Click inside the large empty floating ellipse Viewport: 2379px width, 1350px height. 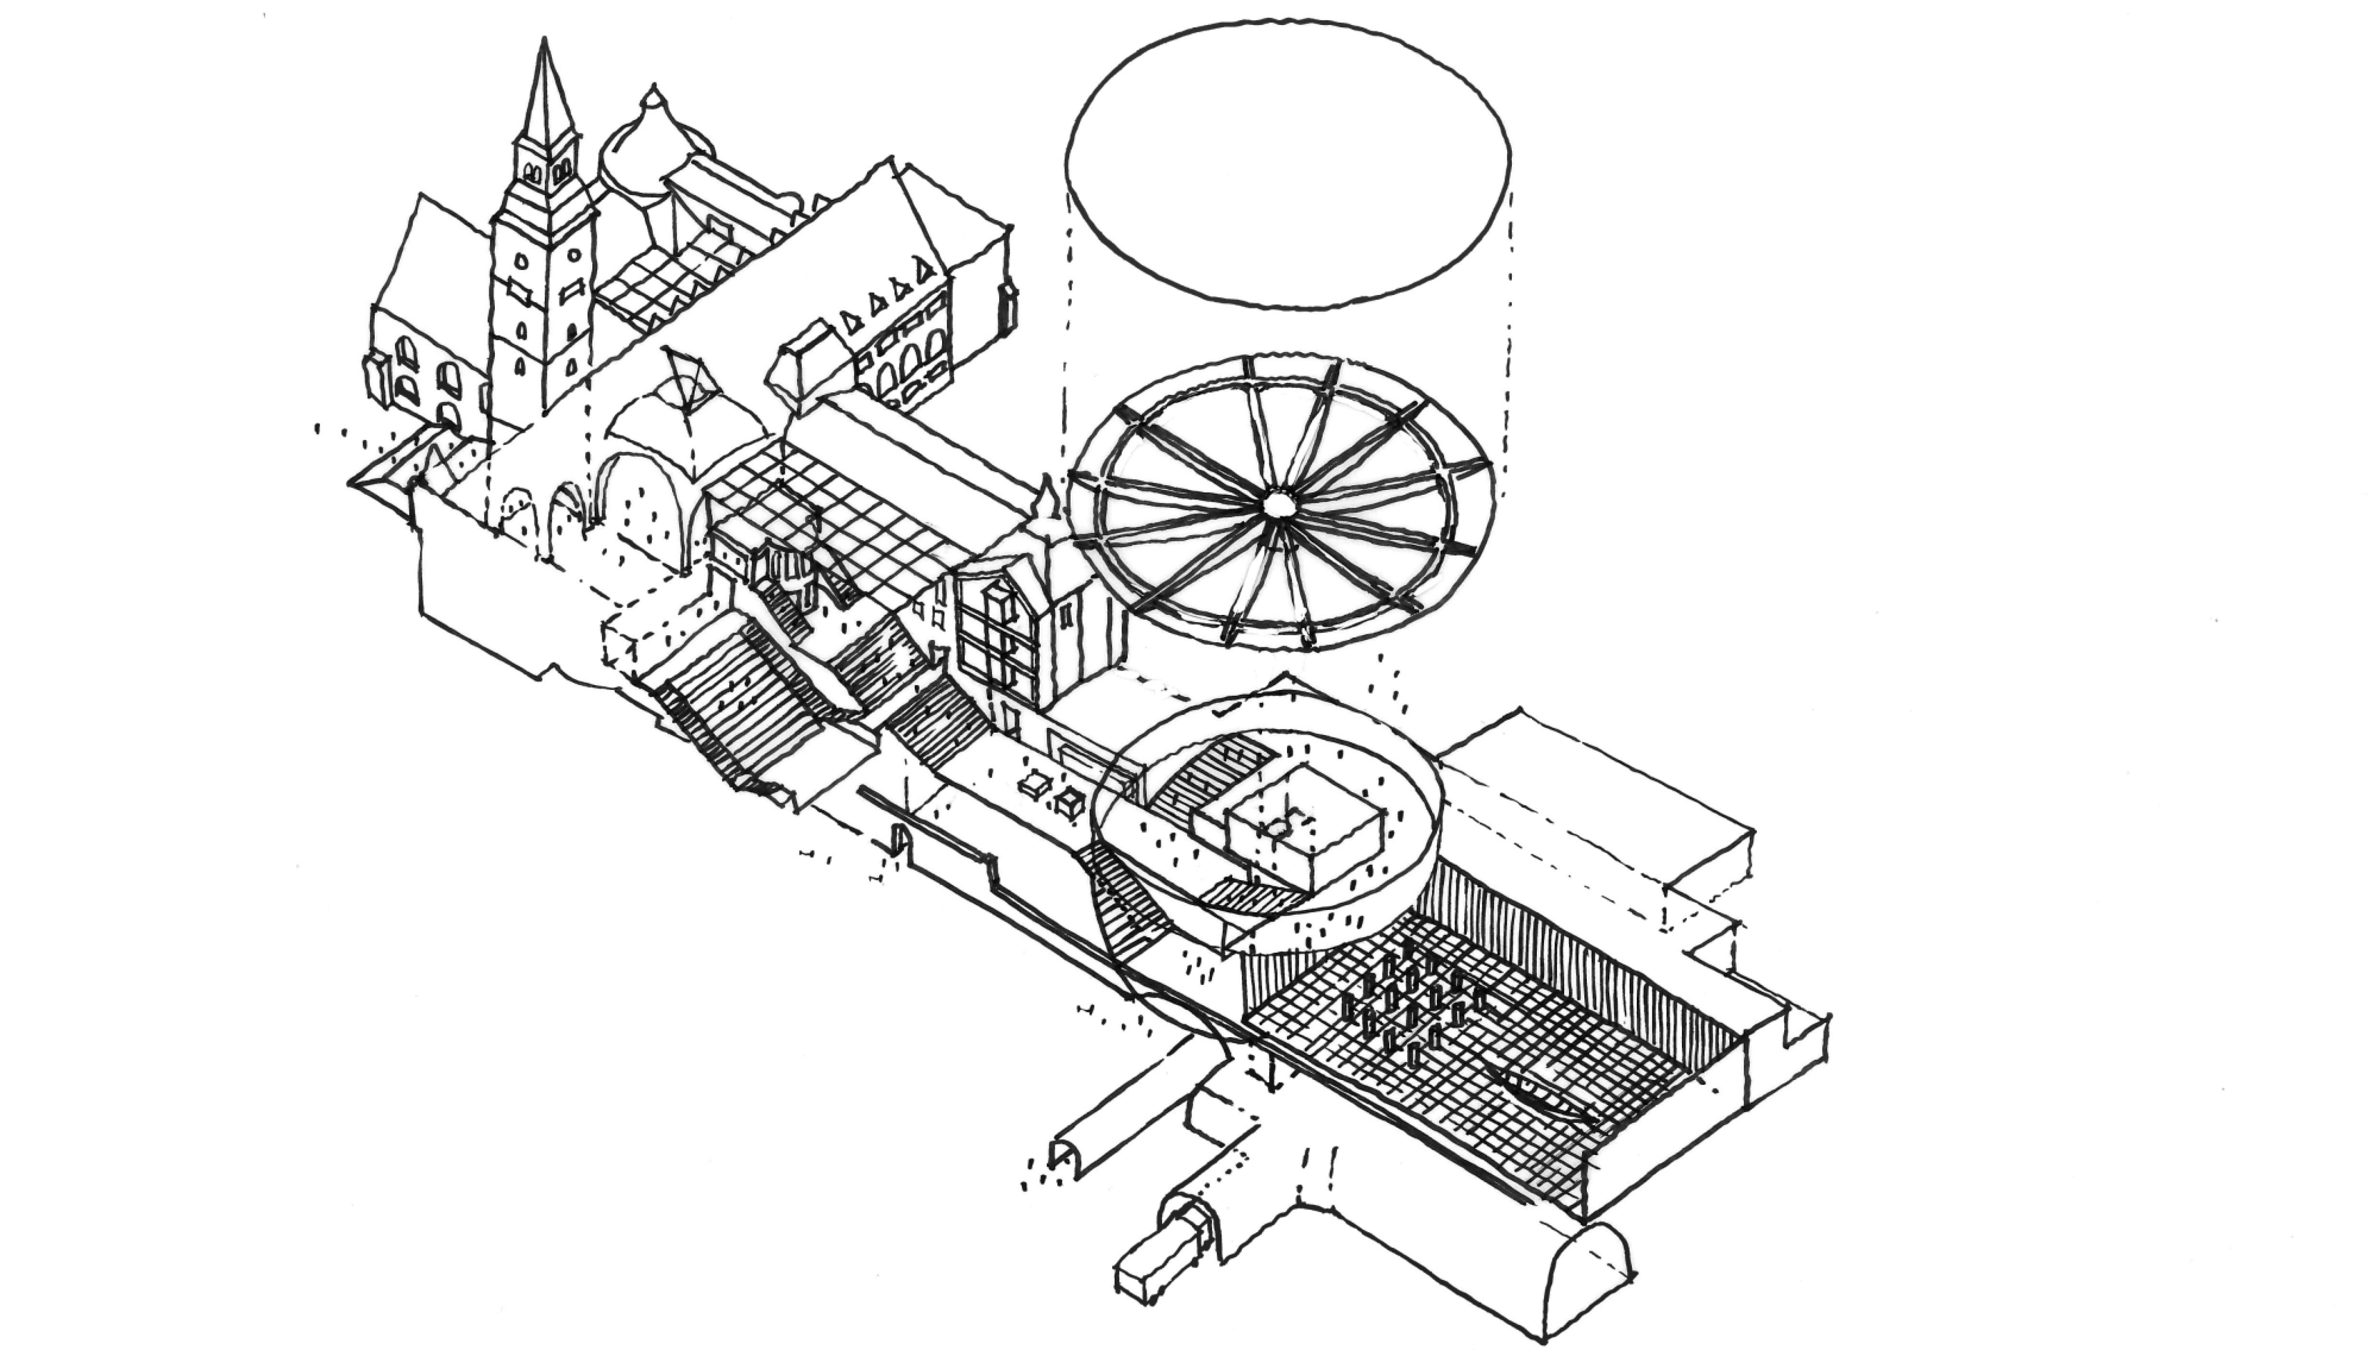click(1288, 162)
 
